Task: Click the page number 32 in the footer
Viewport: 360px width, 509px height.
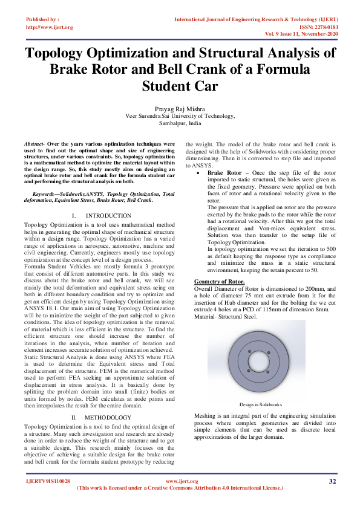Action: [332, 481]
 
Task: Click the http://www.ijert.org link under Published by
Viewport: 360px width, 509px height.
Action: [50, 27]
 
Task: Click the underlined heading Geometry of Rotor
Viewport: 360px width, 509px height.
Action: [219, 282]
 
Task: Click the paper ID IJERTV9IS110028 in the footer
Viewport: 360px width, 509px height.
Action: [48, 481]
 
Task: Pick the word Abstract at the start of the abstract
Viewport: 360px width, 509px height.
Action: [34, 144]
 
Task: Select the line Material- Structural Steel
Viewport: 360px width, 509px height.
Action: [225, 316]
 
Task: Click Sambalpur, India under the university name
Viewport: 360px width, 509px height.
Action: [180, 123]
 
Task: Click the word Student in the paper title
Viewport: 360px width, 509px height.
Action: [180, 86]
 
